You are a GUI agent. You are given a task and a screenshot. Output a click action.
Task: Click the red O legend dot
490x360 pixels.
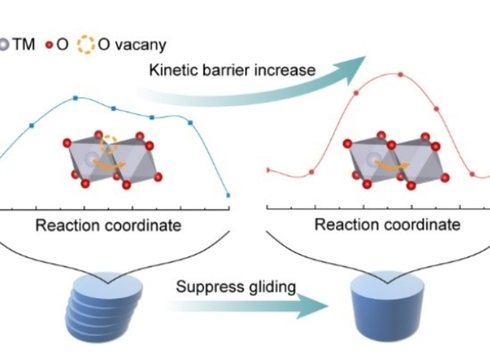[50, 44]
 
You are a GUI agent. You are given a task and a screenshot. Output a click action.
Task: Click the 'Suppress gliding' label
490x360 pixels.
[236, 286]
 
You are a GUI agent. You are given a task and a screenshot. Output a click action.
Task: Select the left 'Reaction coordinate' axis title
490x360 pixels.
[108, 225]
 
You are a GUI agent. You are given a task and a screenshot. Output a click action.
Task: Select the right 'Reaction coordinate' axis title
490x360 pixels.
[387, 225]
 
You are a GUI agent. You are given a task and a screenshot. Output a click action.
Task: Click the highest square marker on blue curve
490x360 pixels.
[76, 98]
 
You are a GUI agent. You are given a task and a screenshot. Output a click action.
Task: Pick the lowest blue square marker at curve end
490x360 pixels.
[228, 195]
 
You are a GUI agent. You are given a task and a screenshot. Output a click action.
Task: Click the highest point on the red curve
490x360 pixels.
[400, 74]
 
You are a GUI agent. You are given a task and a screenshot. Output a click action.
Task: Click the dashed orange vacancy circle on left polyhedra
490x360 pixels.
[109, 144]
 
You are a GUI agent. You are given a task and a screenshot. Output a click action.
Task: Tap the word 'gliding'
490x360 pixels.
[271, 286]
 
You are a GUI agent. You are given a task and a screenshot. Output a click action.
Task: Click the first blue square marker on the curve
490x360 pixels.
[31, 126]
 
